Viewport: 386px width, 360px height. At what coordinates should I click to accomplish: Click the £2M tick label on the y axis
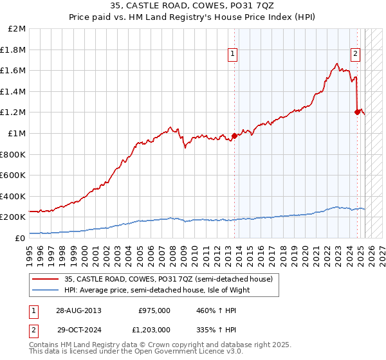(17, 29)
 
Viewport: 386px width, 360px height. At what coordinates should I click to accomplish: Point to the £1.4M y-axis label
(14, 92)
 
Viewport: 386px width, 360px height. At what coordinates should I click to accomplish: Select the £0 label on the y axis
(20, 238)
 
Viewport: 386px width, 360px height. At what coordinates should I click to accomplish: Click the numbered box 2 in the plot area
(355, 55)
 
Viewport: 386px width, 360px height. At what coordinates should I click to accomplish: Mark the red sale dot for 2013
(234, 136)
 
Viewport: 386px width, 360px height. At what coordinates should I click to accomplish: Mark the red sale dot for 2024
(357, 112)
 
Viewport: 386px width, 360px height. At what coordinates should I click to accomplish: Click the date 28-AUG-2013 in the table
(78, 310)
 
